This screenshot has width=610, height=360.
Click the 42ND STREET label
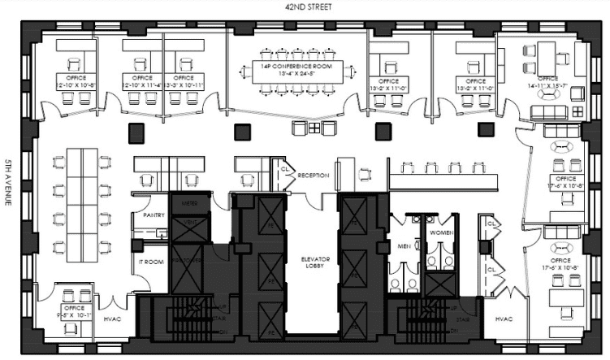pyautogui.click(x=304, y=7)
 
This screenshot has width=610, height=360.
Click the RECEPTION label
pyautogui.click(x=313, y=175)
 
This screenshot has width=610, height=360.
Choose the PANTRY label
pyautogui.click(x=154, y=215)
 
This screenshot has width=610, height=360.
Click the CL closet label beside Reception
pyautogui.click(x=286, y=171)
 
